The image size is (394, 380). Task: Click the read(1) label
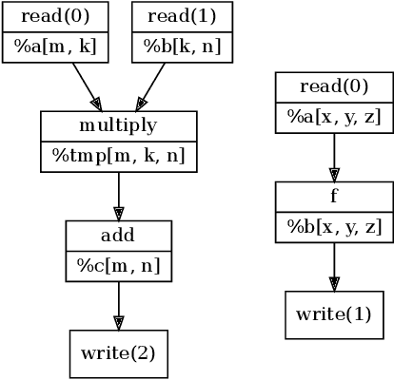coord(181,17)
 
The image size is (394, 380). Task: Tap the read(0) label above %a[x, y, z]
coord(333,87)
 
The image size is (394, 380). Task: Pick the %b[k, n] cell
coord(181,47)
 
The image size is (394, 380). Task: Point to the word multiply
coord(118,126)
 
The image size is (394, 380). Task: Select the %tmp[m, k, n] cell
coord(118,156)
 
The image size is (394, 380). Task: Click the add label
coord(118,236)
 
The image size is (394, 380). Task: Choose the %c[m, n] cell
coord(118,266)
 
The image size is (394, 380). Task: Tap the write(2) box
coord(118,353)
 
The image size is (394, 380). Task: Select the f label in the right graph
coord(333,197)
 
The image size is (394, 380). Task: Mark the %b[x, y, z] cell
coord(333,227)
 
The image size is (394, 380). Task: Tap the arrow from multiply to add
coord(118,197)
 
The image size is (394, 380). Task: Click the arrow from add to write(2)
coord(118,306)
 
